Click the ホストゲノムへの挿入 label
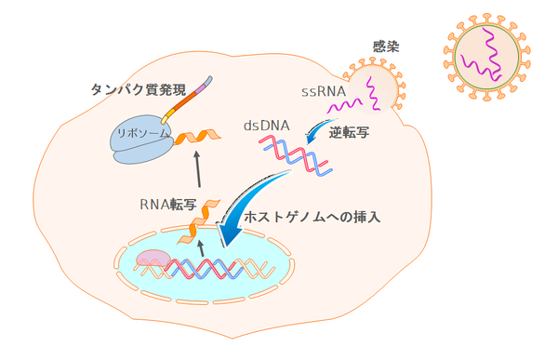(x=312, y=217)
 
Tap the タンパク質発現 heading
(x=139, y=90)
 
